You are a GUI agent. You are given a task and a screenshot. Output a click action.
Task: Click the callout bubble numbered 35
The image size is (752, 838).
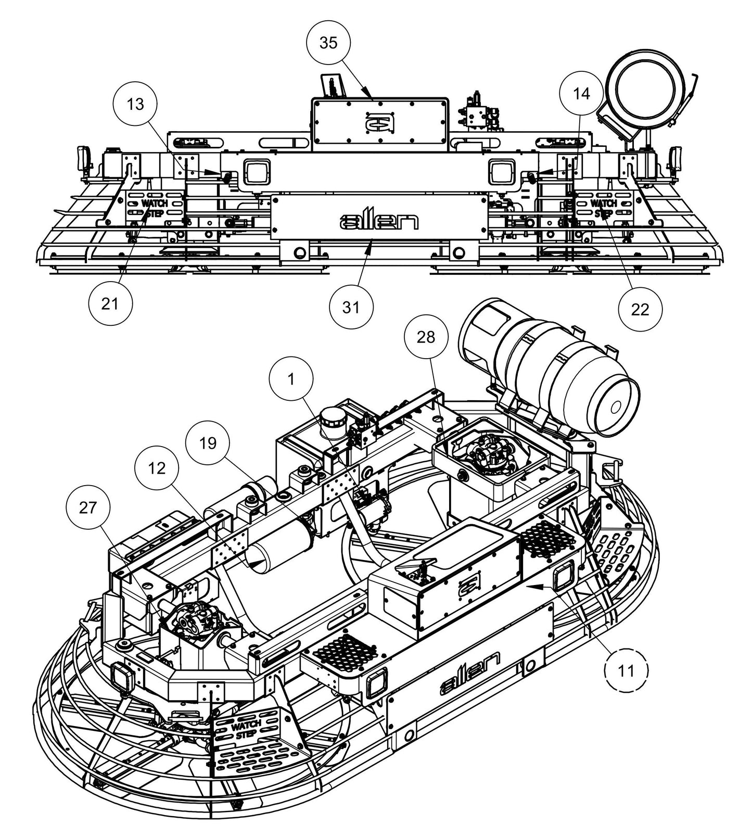328,43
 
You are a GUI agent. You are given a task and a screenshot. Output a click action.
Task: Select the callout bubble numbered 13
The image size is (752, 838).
135,104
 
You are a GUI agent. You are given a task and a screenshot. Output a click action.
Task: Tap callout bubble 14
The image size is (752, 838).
581,94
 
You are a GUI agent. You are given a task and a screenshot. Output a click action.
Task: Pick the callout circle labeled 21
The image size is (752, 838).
110,303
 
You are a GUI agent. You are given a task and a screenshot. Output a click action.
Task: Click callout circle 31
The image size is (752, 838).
351,307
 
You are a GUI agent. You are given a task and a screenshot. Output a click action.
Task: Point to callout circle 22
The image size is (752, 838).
640,309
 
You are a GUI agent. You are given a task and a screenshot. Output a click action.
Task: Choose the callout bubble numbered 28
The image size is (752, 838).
426,337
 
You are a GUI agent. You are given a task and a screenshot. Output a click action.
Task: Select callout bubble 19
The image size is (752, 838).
208,443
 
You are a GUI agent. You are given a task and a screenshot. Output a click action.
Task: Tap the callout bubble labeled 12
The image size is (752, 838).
156,468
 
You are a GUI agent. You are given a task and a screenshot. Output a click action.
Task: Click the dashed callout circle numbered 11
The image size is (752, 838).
626,670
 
